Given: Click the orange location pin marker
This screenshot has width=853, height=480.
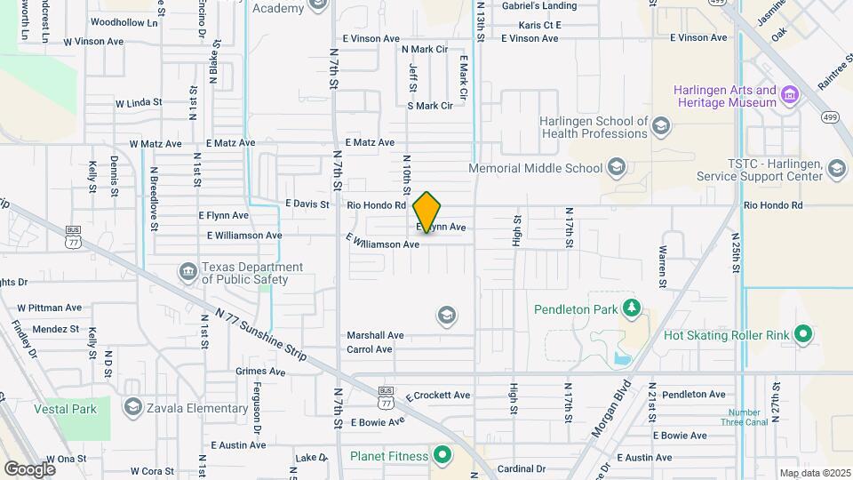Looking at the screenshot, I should click(x=426, y=212).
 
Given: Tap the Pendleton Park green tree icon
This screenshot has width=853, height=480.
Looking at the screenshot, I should click(x=631, y=308).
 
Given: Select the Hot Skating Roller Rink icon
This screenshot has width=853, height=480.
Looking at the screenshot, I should click(x=803, y=335).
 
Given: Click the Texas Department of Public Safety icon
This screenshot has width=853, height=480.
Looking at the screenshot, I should click(x=187, y=270).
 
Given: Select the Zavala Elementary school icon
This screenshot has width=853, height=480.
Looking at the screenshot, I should click(x=133, y=407).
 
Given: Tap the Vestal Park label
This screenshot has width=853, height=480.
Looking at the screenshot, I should click(x=65, y=410).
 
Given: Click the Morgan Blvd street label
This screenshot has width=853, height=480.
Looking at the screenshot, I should click(x=611, y=409).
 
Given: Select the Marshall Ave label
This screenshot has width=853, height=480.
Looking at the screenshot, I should click(x=375, y=335).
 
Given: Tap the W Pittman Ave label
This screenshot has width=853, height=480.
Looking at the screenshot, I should click(x=49, y=308).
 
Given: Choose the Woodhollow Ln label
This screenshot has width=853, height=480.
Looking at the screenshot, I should click(x=124, y=22).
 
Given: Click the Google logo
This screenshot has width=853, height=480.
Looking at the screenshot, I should click(x=29, y=468).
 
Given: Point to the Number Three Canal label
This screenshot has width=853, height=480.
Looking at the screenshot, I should click(x=745, y=418).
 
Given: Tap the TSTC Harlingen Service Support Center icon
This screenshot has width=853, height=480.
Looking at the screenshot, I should click(x=836, y=169).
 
